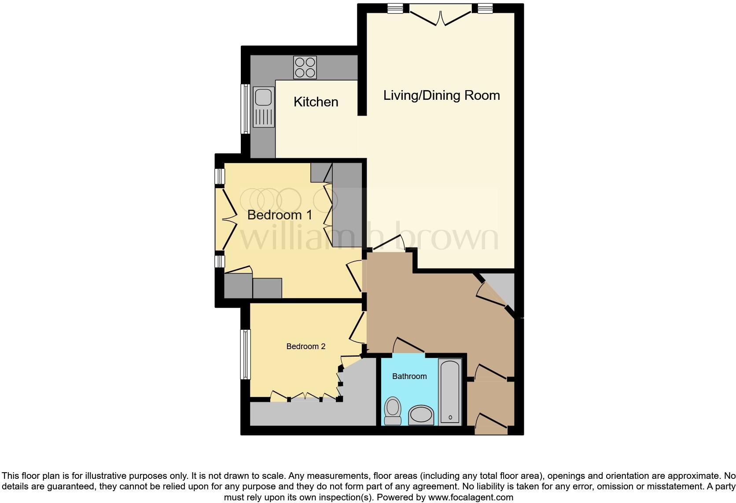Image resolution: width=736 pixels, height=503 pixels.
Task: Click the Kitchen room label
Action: pos(316,102)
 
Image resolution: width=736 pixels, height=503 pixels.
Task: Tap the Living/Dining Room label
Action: pos(441,95)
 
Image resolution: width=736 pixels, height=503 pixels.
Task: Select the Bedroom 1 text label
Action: pos(280,215)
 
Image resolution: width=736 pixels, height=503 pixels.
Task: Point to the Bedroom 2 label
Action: pos(305,346)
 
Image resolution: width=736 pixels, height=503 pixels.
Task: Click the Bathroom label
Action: pos(409,376)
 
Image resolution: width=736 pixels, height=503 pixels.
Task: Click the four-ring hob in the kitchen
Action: pos(305,68)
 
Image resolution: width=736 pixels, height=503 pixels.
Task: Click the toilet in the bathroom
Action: pos(393,410)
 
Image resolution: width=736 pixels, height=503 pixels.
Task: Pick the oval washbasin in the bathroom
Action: pos(421,415)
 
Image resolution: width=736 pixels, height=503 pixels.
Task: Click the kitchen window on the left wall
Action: pos(245,109)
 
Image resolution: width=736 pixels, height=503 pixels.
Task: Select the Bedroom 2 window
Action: pos(245,354)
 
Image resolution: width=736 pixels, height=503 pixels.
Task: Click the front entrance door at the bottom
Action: pos(491,424)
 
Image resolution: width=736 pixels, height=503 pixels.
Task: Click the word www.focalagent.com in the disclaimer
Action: pos(471,497)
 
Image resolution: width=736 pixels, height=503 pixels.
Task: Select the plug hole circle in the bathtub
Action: pos(450,417)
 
